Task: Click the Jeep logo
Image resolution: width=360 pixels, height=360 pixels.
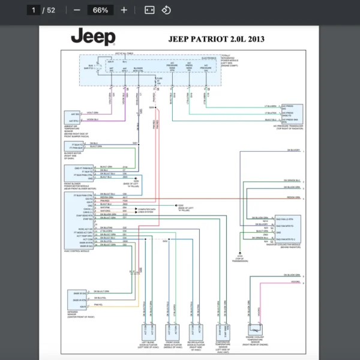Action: pos(93,37)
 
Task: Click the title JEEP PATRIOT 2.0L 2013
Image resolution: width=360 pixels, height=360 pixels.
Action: pos(216,40)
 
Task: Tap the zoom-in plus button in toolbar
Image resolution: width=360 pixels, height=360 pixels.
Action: pos(124,10)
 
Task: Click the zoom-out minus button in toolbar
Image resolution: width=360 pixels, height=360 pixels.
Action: pos(77,10)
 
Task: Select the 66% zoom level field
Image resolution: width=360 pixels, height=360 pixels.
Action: pos(100,10)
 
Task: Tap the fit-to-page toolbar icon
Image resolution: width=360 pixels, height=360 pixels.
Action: pos(149,10)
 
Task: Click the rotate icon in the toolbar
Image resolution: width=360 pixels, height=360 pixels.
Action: pos(166,10)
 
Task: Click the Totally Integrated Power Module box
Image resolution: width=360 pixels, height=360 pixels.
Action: pos(151,70)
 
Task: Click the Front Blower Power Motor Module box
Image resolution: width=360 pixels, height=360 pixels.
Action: pos(79,173)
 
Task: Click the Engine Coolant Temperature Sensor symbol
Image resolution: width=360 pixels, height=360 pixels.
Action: pos(257,329)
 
